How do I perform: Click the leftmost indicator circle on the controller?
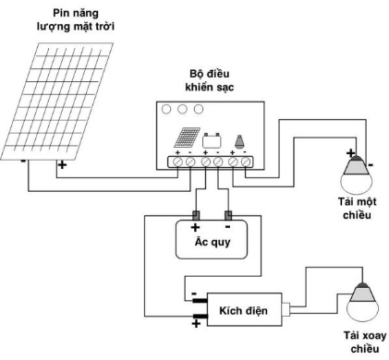click(x=166, y=109)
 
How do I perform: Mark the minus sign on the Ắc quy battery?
click(x=228, y=224)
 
